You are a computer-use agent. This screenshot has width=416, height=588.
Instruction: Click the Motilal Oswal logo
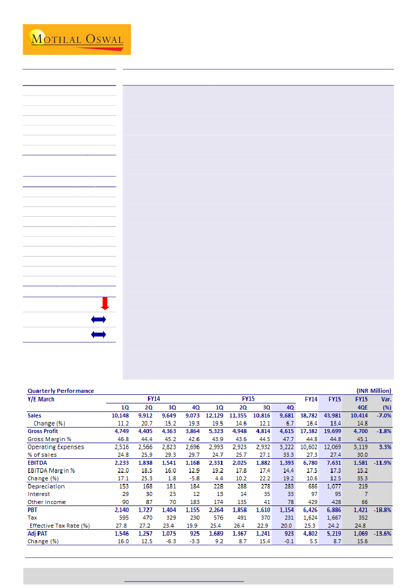76,39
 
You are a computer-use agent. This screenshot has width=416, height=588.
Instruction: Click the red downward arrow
105,303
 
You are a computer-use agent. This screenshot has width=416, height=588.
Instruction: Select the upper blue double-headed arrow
99,319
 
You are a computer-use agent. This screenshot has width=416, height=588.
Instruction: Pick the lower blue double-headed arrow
99,334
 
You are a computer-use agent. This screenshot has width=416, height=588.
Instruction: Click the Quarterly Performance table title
60,391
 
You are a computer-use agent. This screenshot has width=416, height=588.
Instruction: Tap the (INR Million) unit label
373,391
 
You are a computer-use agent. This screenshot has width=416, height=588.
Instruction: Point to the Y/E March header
41,399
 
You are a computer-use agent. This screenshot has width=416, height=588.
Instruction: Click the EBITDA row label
38,463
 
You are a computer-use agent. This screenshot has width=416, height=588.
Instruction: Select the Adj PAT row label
39,533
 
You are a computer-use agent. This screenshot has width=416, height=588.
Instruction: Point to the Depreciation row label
46,486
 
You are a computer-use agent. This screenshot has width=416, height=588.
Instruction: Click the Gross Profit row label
43,432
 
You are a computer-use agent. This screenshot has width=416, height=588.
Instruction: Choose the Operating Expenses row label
55,447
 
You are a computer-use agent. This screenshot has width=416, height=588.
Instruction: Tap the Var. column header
385,399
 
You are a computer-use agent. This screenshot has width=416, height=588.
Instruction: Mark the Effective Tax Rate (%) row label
59,526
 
